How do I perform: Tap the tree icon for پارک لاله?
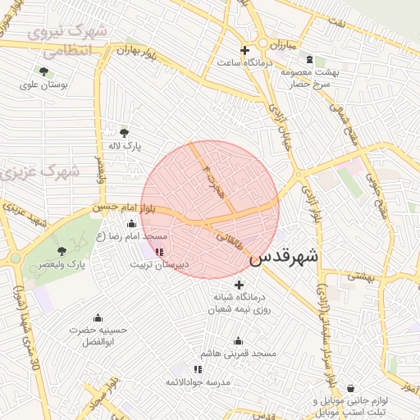point(125,132)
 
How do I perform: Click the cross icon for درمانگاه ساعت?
point(244,50)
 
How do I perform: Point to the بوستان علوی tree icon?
point(43,71)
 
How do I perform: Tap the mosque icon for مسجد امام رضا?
point(132,224)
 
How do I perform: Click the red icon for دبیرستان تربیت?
point(159,253)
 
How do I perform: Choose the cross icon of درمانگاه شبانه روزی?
point(239,284)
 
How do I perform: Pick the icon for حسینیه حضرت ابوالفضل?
point(98,318)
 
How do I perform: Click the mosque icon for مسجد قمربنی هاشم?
point(239,341)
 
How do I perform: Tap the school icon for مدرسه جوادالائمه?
point(198,370)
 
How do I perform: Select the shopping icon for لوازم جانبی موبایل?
point(351,389)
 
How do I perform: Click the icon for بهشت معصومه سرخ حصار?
point(308,60)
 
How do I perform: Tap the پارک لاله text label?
point(127,145)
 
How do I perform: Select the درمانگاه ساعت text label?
point(244,62)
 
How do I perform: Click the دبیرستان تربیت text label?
point(160,265)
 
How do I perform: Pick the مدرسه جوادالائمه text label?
point(195,382)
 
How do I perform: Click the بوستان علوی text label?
point(46,84)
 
